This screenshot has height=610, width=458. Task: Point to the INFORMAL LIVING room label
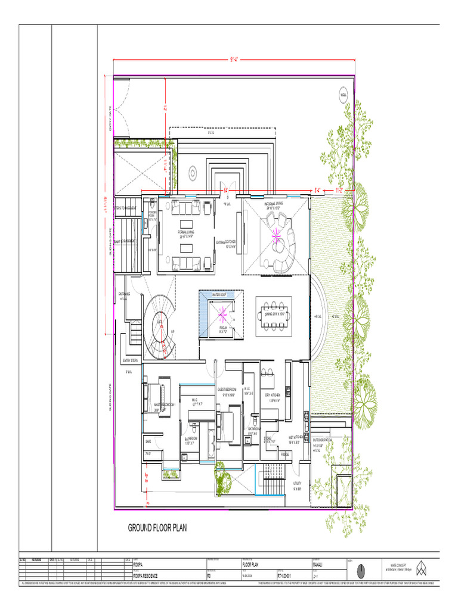(275, 206)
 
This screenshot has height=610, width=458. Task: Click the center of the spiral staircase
(160, 325)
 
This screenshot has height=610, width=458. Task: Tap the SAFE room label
(148, 441)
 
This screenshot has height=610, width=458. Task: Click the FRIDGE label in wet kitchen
(285, 455)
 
